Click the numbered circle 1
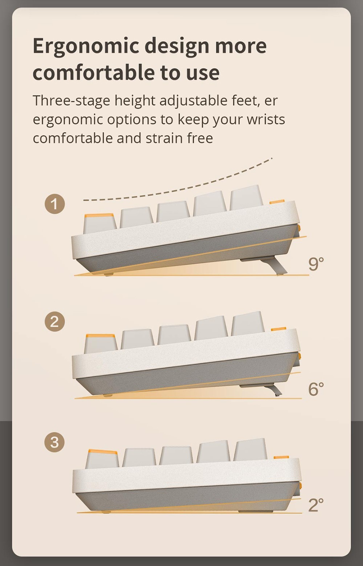tap(55, 204)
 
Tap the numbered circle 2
tap(55, 322)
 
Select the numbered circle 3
tap(54, 442)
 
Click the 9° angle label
tap(316, 264)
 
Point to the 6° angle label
tap(316, 389)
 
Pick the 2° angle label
tap(316, 505)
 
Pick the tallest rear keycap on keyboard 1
tap(246, 198)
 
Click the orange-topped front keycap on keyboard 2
tap(101, 344)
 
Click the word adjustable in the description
tap(193, 101)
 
